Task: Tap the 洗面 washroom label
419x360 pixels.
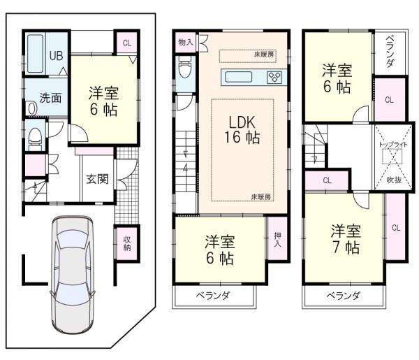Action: pyautogui.click(x=50, y=98)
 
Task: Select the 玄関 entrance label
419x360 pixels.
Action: pyautogui.click(x=97, y=179)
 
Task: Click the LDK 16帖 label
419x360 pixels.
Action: pyautogui.click(x=242, y=129)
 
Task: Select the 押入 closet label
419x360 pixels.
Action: pyautogui.click(x=277, y=240)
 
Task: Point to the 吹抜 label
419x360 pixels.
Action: pyautogui.click(x=395, y=180)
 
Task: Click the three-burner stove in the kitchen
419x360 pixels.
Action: pyautogui.click(x=274, y=77)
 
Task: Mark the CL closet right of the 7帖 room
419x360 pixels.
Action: pyautogui.click(x=395, y=228)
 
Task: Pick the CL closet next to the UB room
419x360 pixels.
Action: pyautogui.click(x=126, y=43)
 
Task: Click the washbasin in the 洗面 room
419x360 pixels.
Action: pyautogui.click(x=32, y=108)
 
